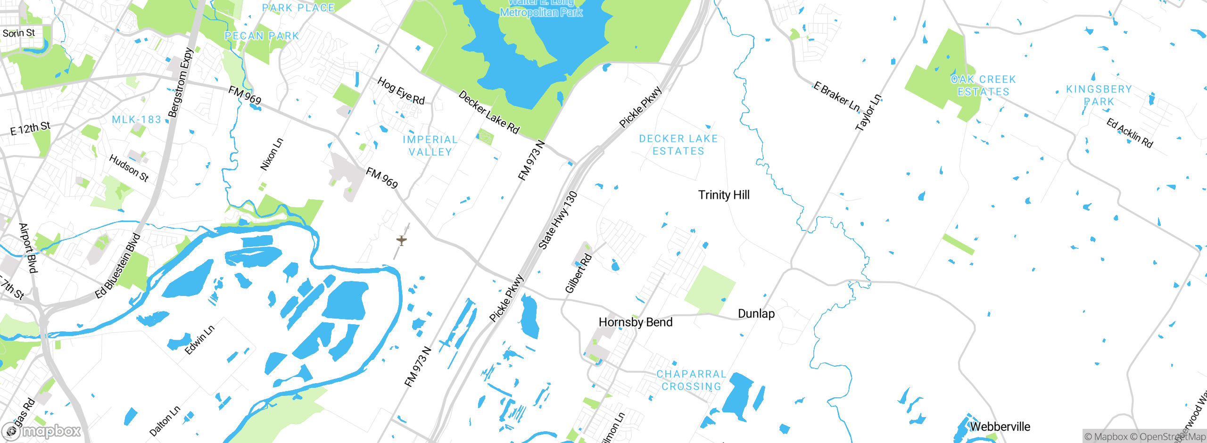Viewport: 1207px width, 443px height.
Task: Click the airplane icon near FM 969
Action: click(x=401, y=241)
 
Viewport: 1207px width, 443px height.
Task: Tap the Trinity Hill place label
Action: click(x=724, y=195)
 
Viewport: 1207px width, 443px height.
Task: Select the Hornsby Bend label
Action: click(x=635, y=322)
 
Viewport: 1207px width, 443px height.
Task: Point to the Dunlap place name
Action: click(x=756, y=314)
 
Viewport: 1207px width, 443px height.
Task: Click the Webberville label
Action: click(x=1000, y=427)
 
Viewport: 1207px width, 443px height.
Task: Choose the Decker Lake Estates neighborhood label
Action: click(x=678, y=145)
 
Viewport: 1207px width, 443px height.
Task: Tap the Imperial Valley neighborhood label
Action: click(x=430, y=146)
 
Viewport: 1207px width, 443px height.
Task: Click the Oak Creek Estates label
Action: click(x=983, y=85)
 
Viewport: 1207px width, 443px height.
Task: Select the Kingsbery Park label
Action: click(x=1099, y=95)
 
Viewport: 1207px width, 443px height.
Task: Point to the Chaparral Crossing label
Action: click(x=691, y=380)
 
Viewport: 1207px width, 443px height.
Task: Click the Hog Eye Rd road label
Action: click(x=401, y=91)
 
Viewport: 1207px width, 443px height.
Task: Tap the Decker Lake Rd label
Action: click(x=489, y=112)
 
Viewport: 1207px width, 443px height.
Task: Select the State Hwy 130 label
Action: click(x=558, y=220)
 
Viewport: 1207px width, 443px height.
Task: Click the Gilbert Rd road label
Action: click(x=578, y=273)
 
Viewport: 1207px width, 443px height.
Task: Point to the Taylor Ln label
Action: click(x=868, y=113)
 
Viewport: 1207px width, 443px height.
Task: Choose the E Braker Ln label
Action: click(x=836, y=97)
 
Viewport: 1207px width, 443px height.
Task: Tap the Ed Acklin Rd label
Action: click(x=1130, y=133)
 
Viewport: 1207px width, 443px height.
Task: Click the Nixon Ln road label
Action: click(x=272, y=154)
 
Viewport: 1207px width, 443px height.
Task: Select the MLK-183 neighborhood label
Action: click(x=136, y=120)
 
